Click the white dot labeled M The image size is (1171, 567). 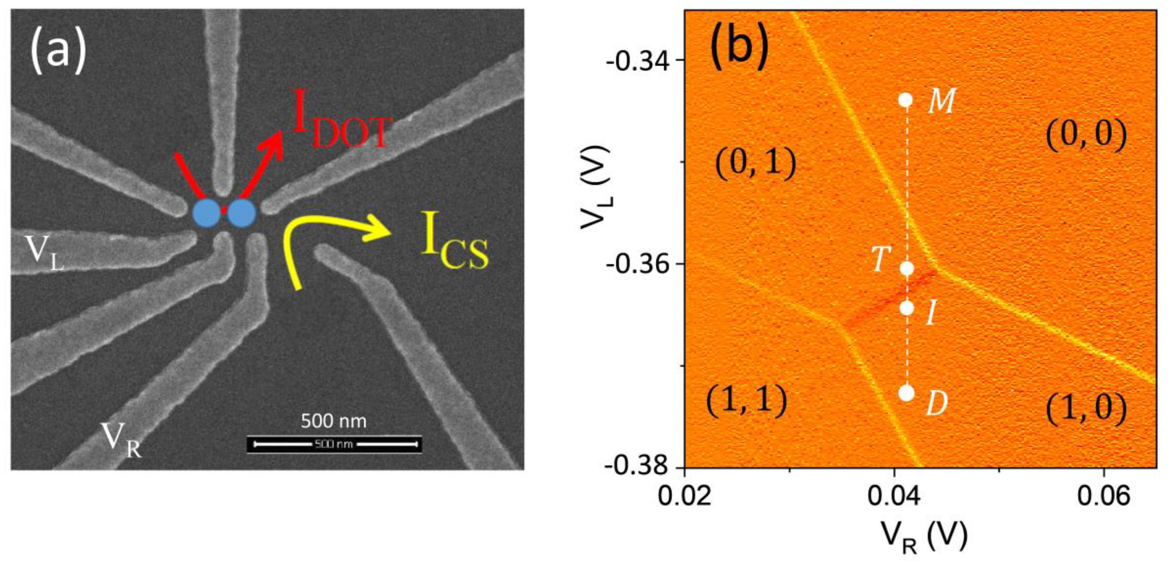pos(906,100)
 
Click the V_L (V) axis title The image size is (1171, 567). pos(596,187)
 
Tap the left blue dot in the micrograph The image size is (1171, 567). pos(207,213)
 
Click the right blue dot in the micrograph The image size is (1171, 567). pos(242,213)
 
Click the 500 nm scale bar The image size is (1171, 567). pos(335,444)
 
